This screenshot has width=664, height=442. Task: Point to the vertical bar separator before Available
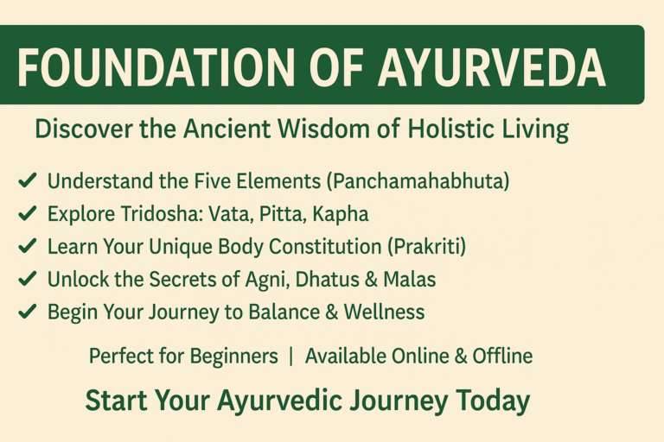point(291,357)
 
